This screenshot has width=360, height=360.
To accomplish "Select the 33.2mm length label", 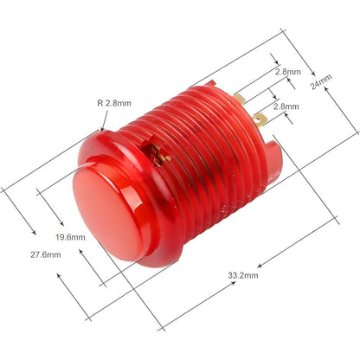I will (x=242, y=275).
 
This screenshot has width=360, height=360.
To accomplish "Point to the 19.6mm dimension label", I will (x=69, y=235).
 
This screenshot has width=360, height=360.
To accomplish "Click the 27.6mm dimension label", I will (x=45, y=254).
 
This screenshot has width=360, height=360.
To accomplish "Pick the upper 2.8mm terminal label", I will (x=287, y=72).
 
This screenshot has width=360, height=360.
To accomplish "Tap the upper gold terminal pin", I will (x=240, y=99).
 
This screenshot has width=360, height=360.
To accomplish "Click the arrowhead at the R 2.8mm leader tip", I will (x=103, y=128).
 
